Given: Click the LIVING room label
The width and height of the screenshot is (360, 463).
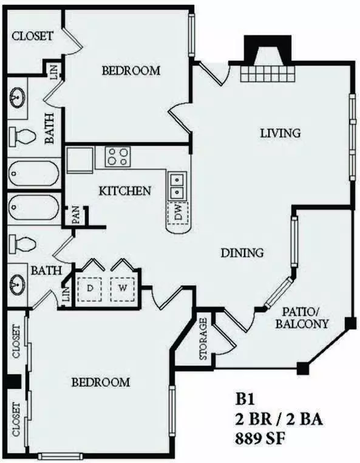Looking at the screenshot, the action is pos(280,133).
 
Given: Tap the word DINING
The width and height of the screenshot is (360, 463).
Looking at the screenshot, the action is pos(242,253).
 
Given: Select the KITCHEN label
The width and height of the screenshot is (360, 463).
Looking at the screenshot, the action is pos(125,191).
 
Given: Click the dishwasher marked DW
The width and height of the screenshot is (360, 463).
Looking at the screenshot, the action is pos(178,213).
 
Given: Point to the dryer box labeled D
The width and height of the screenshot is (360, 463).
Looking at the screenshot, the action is pos(90,289).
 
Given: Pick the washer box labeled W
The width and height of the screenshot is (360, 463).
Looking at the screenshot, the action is pos(123,289).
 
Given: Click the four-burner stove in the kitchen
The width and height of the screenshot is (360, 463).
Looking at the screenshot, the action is pos(118,157).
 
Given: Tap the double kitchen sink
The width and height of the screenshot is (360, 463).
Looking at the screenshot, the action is pos(177,186).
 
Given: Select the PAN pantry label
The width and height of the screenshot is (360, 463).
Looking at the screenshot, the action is pos(76,215).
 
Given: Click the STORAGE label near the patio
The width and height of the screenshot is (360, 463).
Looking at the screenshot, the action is pos(203,339).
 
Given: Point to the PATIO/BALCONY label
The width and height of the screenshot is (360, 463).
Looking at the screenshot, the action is pos(302,318).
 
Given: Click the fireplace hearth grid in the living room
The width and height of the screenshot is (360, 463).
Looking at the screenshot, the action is pos(267,74).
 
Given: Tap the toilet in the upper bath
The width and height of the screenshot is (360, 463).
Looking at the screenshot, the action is pos(22,136).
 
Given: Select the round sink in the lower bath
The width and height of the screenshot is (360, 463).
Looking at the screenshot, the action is pos(18,284).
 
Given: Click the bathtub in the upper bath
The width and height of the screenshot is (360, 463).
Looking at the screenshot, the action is pos(33,173).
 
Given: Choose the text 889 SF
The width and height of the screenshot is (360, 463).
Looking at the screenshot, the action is pos(260,439).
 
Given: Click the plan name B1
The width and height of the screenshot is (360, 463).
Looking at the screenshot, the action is pos(245,400).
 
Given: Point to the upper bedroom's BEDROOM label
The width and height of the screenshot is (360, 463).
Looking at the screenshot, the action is pos(131,70).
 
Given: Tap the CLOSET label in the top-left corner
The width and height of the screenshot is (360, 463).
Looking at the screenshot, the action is pos(32,36).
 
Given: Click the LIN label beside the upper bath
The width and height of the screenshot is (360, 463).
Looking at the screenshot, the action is pos(55,72).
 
